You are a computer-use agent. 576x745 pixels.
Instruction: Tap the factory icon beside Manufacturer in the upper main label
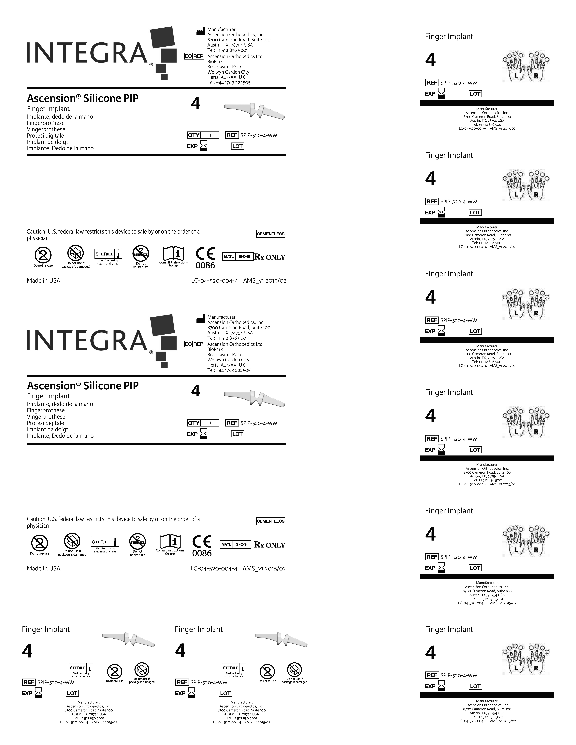coord(201,31)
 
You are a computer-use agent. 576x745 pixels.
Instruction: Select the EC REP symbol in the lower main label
coord(194,344)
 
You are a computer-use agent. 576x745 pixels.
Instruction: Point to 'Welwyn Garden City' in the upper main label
coord(228,72)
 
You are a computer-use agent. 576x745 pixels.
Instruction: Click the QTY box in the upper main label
coord(203,135)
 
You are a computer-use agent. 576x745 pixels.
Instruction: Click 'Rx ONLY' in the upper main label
coord(270,257)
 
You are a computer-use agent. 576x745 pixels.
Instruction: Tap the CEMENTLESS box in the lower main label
coord(270,521)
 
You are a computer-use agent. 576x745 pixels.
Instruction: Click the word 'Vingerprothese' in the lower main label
coord(46,416)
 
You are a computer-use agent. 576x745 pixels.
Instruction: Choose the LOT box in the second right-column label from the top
coord(475,212)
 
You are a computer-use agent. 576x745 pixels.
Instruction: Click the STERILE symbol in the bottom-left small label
coord(81,668)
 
